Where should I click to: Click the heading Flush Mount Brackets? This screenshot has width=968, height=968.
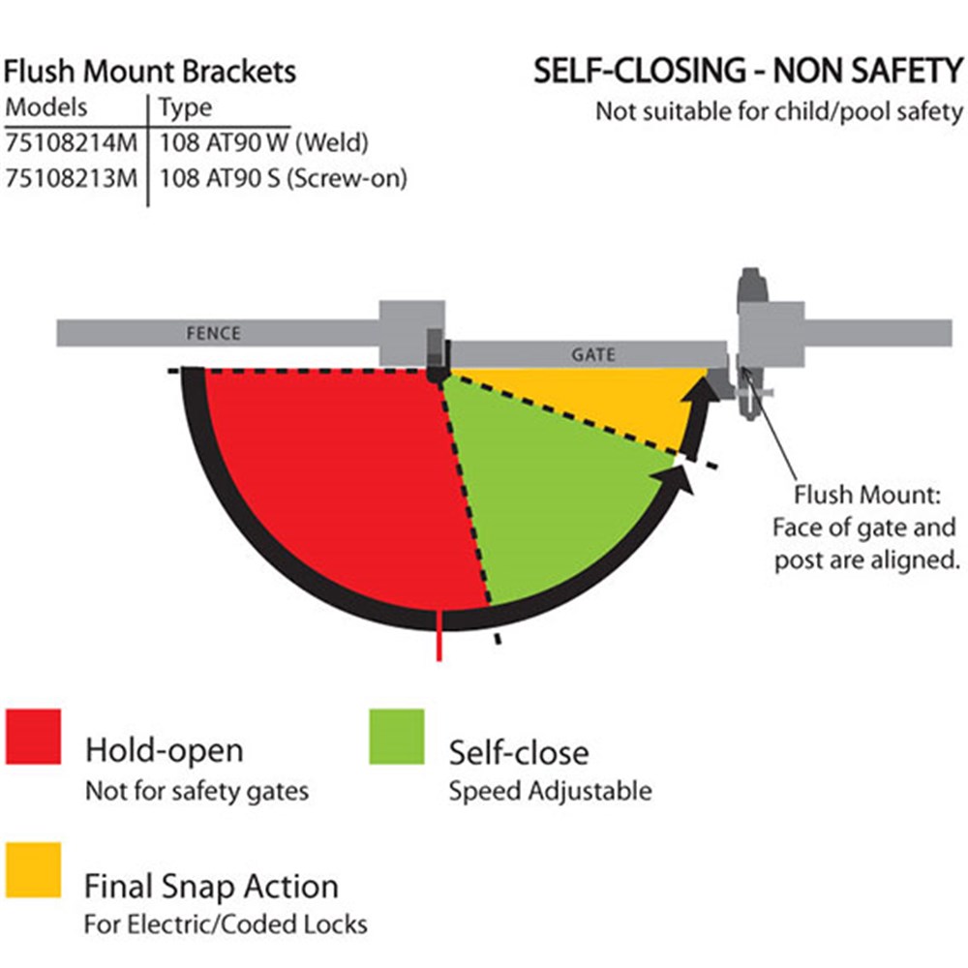coord(150,72)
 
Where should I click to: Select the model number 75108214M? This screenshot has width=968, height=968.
coord(73,142)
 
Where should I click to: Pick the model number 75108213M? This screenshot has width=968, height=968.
coord(73,178)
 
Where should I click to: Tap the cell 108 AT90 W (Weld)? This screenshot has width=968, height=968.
coord(264,142)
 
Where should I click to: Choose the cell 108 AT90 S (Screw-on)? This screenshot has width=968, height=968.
coord(283,178)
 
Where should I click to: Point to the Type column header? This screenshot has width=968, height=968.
coord(185,106)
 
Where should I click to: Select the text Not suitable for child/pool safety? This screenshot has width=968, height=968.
coord(779,110)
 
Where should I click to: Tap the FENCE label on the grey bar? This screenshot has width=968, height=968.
coord(212,334)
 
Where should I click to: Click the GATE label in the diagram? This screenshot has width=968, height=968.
coord(592,354)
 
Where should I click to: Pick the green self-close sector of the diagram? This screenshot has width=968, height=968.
coord(552,494)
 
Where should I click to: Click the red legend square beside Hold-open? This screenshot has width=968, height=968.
coord(34,737)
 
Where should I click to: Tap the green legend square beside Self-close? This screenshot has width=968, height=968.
coord(396,737)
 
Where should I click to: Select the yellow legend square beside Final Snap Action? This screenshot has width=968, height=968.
coord(34,870)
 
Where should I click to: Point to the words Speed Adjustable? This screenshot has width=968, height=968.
coord(550,791)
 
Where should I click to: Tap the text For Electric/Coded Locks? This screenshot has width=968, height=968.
coord(226,923)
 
